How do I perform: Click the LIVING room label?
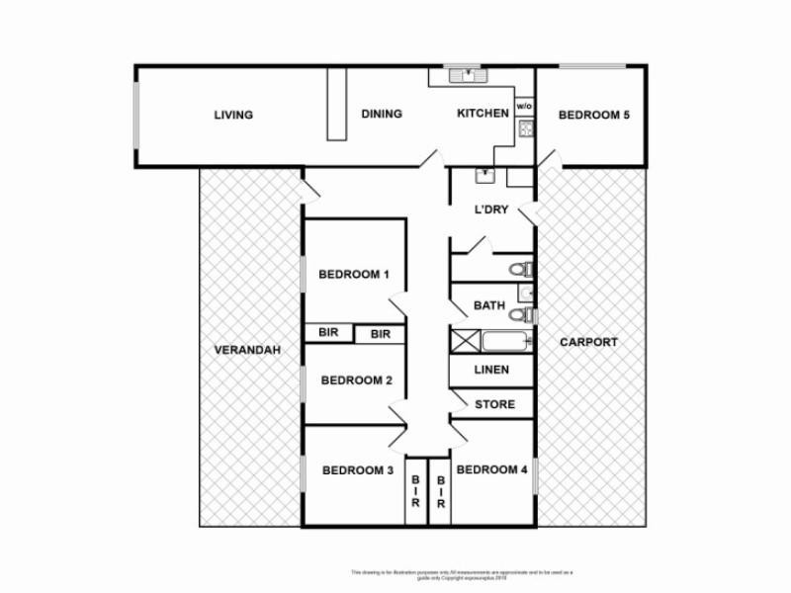233,115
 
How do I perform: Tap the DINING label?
381,114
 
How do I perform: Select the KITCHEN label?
483,114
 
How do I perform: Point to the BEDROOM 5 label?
593,115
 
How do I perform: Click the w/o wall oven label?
524,106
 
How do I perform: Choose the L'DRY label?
491,211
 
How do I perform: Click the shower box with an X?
465,342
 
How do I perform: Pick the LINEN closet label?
491,370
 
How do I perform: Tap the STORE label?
494,404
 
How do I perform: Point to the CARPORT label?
588,342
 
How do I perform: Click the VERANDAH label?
248,350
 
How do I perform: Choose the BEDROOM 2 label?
357,380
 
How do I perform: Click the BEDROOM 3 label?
358,469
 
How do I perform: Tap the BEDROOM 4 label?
492,469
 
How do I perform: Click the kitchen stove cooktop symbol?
525,127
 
